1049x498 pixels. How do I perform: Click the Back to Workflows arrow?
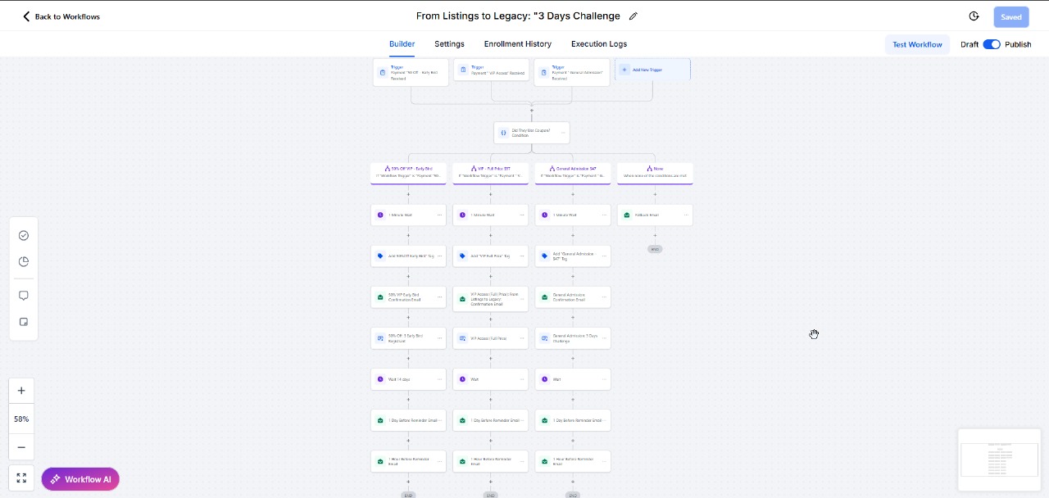click(x=26, y=16)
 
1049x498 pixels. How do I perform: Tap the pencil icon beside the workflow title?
click(x=633, y=16)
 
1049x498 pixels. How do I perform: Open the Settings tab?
click(x=449, y=44)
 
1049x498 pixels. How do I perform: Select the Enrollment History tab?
click(x=517, y=44)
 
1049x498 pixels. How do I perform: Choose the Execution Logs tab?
click(x=599, y=44)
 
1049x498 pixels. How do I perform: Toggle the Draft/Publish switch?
click(x=992, y=44)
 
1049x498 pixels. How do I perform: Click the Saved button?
click(x=1010, y=16)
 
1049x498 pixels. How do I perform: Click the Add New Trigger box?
click(x=653, y=70)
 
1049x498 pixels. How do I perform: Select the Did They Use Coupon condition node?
click(x=531, y=133)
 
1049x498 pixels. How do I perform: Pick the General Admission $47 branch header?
click(x=572, y=172)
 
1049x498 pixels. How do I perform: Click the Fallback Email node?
click(x=654, y=215)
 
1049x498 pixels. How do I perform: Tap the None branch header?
click(x=654, y=172)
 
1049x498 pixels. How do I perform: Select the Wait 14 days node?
click(x=408, y=379)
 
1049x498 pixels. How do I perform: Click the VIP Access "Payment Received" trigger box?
click(x=490, y=72)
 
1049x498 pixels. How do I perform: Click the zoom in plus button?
click(x=21, y=391)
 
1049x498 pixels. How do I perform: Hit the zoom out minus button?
click(x=21, y=447)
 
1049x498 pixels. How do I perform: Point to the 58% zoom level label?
click(x=21, y=419)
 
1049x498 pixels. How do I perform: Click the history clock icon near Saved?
click(x=974, y=16)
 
